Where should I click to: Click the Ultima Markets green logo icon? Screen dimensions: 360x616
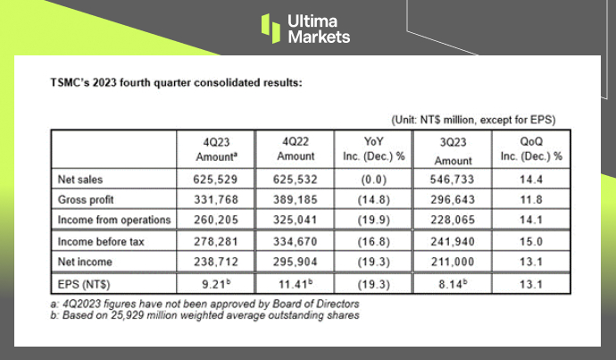coord(271,27)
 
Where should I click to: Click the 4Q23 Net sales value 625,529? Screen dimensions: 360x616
coord(207,180)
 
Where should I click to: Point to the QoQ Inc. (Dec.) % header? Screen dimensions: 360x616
coord(530,147)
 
